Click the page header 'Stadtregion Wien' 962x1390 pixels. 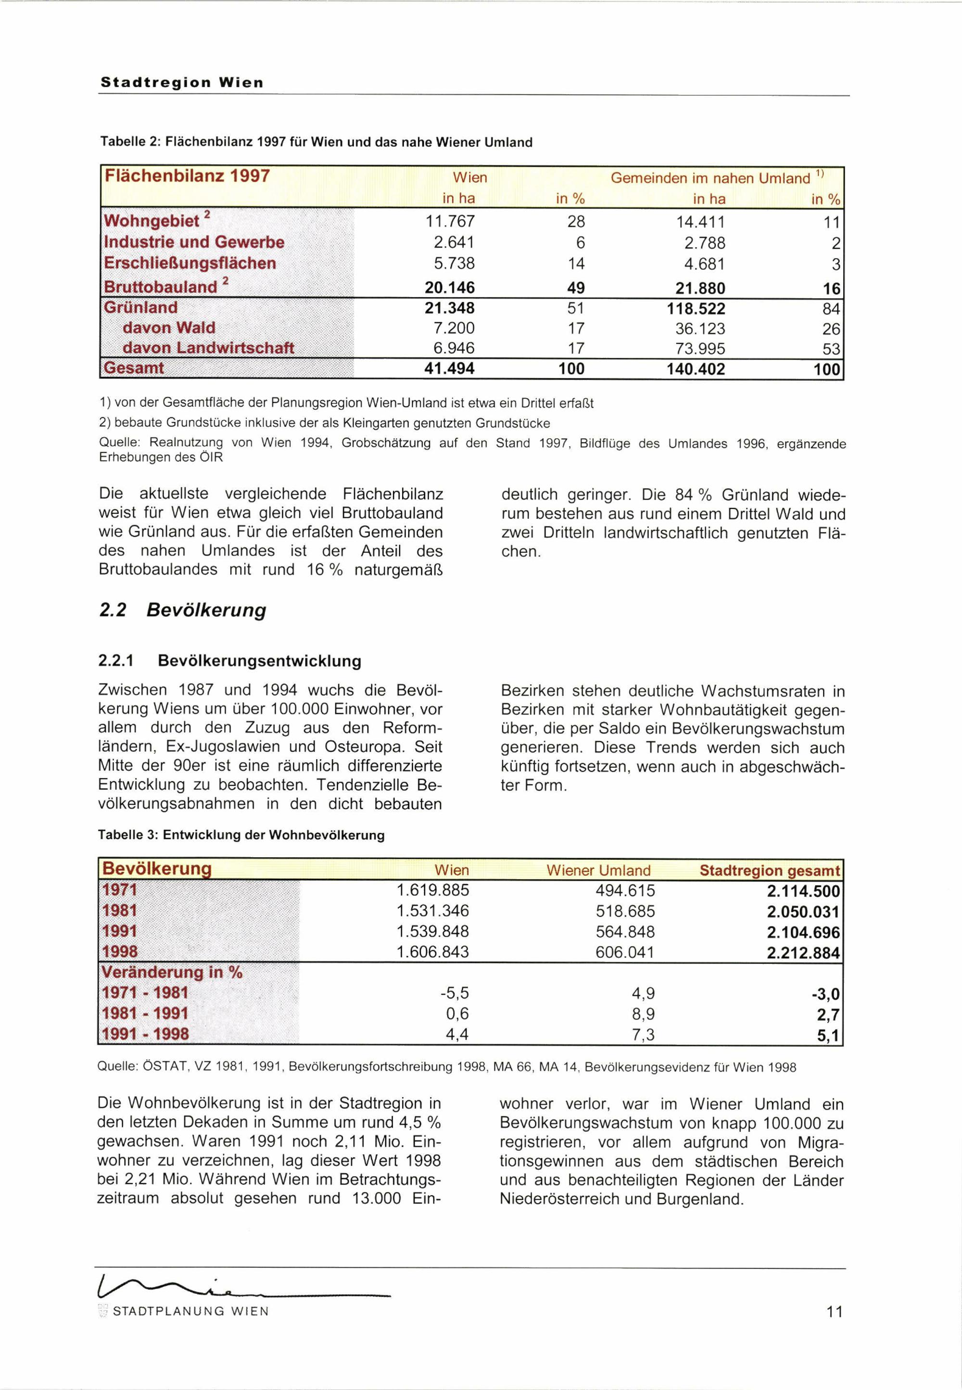tap(182, 83)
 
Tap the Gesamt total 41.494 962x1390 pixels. tap(449, 368)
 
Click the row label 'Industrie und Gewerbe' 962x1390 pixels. tap(194, 242)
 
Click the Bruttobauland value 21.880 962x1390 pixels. tap(700, 288)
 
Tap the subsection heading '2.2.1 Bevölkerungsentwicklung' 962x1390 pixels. tap(229, 661)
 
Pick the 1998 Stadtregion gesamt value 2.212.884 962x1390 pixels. tap(803, 953)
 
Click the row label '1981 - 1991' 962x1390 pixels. tap(145, 1014)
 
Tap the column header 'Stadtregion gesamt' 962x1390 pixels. tap(769, 871)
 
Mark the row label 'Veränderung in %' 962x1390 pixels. tap(172, 973)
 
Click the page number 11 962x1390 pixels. tap(834, 1312)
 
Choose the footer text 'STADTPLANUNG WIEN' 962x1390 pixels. tap(190, 1312)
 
